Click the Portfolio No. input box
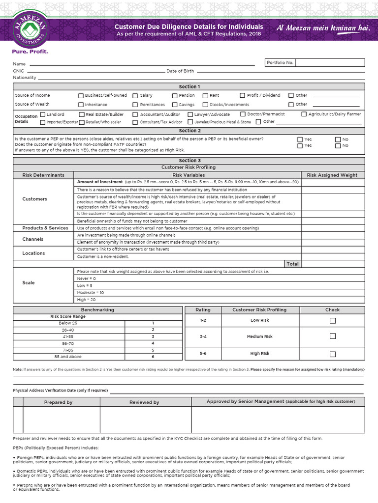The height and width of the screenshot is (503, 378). point(330,63)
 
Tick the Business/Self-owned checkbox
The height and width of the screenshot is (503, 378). point(81,96)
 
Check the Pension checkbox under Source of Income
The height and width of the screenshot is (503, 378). point(175,96)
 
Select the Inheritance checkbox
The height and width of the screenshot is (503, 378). point(81,105)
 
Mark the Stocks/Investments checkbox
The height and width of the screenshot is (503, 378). point(206,105)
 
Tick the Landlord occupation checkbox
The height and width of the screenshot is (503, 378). point(43,114)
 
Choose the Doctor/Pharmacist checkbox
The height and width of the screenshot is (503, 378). point(243,114)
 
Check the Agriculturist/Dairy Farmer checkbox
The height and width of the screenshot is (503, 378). point(304,114)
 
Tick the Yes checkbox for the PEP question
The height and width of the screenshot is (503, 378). point(300,140)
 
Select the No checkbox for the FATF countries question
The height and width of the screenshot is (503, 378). point(338,146)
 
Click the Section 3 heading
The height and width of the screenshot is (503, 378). point(189,161)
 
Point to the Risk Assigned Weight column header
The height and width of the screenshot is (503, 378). point(332,175)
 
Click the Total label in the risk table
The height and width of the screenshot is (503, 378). point(292,264)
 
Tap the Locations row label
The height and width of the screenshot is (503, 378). point(33,253)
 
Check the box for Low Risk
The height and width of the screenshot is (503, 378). point(333,321)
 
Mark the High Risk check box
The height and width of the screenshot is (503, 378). point(333,354)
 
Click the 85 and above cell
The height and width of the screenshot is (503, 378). point(68,357)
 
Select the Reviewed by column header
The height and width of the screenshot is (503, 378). point(144,402)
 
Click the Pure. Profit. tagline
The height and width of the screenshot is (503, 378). point(30,51)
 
